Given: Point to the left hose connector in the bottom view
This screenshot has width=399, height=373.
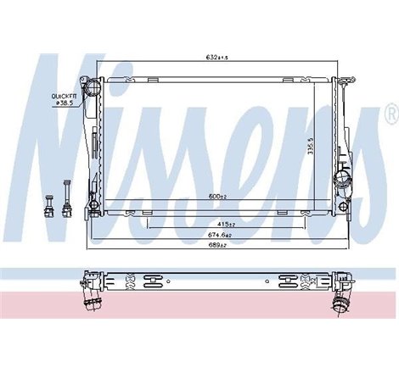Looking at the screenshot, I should click(x=90, y=296).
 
